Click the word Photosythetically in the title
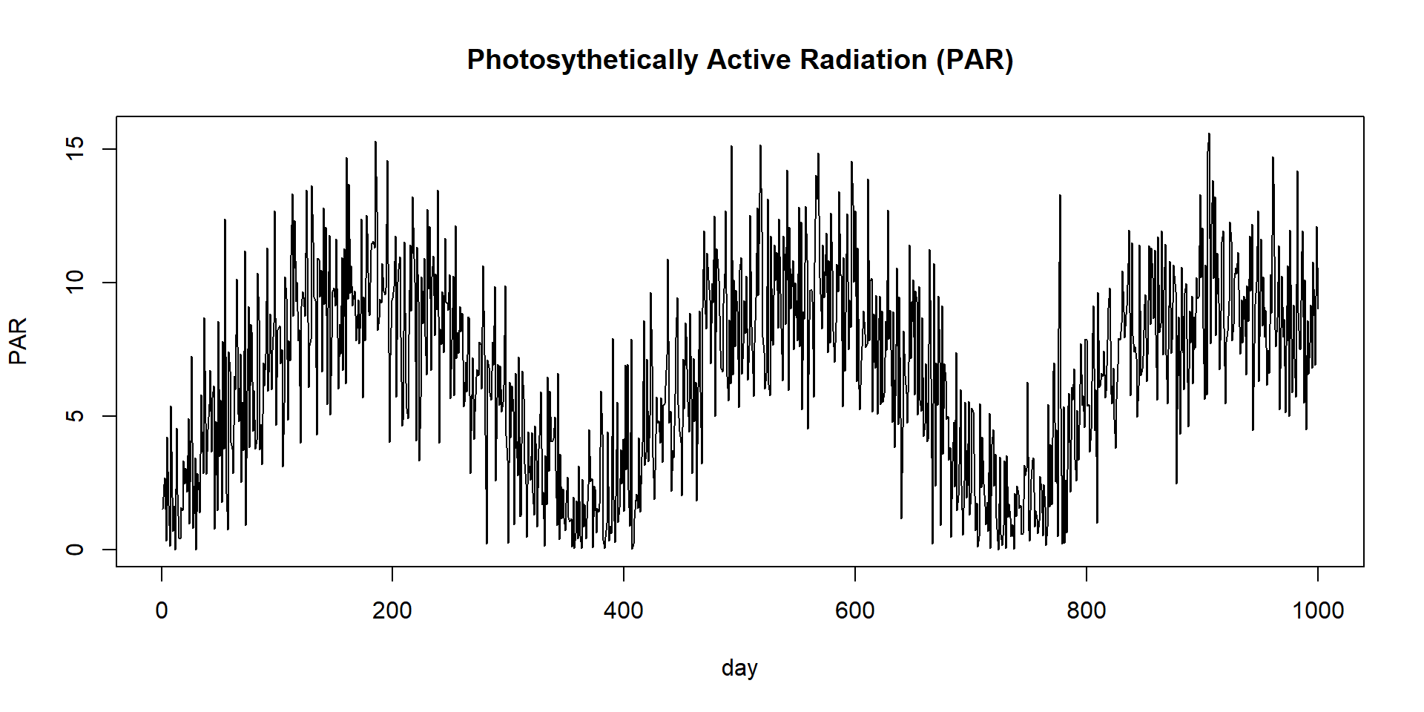(x=582, y=60)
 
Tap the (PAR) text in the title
(x=974, y=60)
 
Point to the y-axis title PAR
(x=18, y=341)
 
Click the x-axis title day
(x=739, y=667)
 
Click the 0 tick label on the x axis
(x=161, y=610)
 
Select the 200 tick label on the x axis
(x=392, y=610)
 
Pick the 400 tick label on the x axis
(x=624, y=610)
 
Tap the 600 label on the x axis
(x=855, y=610)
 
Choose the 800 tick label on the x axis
(x=1087, y=610)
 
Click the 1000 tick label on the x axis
(x=1318, y=610)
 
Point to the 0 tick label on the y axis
(x=75, y=550)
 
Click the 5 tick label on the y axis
(x=75, y=416)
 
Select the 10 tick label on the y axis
(x=75, y=283)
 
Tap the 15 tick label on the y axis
(x=75, y=149)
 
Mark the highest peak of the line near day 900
(x=1209, y=134)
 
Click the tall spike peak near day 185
(x=375, y=142)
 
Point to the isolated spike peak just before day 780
(x=1060, y=196)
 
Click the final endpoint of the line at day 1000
(x=1317, y=307)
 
